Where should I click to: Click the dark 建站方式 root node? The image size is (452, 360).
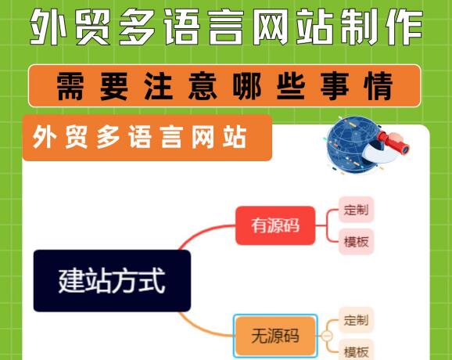tap(112, 281)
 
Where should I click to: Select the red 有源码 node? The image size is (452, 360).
tap(275, 225)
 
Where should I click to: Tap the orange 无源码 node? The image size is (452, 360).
tap(275, 336)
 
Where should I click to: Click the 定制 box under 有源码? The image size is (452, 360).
tap(356, 210)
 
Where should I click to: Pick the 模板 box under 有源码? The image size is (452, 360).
tap(356, 242)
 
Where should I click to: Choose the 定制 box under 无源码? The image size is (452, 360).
tap(356, 320)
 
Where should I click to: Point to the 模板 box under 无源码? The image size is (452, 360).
tap(356, 351)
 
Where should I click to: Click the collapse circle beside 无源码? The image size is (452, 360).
tap(327, 336)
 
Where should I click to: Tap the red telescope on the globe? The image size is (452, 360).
tap(393, 142)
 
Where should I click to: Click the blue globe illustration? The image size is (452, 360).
tap(355, 145)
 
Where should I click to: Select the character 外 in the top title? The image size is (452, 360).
tap(48, 27)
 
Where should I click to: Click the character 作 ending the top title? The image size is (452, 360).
tap(405, 27)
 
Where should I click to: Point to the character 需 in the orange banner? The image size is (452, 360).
tap(70, 86)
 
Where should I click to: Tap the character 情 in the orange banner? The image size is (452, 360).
tap(378, 86)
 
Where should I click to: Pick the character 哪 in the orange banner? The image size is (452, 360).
tap(246, 86)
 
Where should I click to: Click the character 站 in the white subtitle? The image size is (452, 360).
tap(235, 137)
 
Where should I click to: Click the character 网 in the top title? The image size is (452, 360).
tap(271, 27)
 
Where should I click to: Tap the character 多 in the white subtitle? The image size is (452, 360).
tap(107, 137)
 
